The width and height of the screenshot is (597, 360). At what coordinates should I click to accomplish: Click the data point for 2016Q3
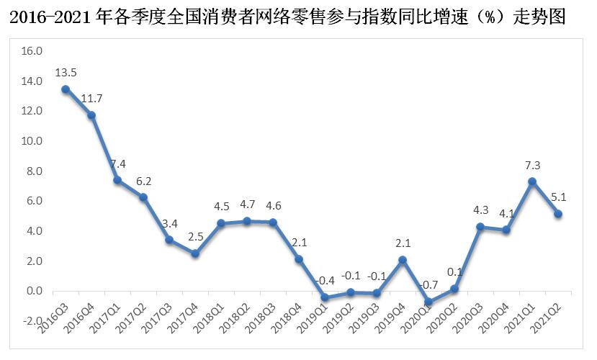pos(66,89)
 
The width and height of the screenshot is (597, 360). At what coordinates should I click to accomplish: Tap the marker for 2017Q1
pos(117,180)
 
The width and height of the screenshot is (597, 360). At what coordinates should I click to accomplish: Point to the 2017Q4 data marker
pos(195,253)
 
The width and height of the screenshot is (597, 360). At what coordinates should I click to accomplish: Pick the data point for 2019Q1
pos(325,297)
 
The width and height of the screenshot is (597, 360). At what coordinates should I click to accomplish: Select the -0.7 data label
pos(428,286)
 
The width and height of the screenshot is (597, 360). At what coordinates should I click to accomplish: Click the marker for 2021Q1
pos(532,181)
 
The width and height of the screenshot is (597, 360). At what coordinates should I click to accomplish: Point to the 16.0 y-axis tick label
pos(32,51)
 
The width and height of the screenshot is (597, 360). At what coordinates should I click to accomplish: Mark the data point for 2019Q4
pos(403,260)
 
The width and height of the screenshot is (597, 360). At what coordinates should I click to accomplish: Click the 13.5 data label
pos(66,72)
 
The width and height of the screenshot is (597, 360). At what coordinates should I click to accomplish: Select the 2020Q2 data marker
pos(454,289)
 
